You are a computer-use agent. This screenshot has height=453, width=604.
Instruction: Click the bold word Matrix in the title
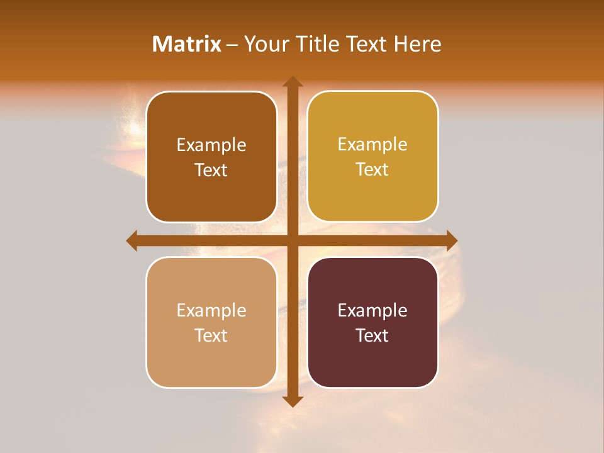[x=187, y=44]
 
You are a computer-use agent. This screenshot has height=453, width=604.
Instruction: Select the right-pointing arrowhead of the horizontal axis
[x=452, y=240]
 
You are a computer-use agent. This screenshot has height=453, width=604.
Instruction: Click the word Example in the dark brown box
[x=211, y=145]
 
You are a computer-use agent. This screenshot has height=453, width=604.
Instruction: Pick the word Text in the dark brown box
[x=211, y=171]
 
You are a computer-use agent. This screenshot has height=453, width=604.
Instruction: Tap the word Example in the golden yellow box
[x=372, y=145]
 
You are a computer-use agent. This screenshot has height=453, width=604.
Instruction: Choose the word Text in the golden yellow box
[x=372, y=170]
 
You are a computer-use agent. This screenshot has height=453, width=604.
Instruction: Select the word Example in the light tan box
[x=211, y=311]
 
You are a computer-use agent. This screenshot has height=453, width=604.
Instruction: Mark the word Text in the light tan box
[x=211, y=336]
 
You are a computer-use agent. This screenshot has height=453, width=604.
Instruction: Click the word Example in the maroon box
[x=372, y=311]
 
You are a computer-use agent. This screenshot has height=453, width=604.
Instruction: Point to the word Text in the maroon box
[x=372, y=336]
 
